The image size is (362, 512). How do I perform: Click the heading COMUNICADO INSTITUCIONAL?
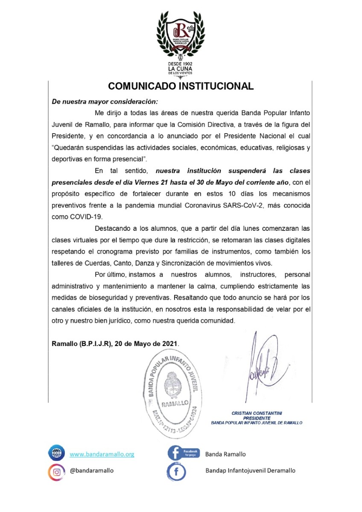click(x=181, y=86)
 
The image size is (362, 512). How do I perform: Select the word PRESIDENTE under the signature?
click(x=257, y=418)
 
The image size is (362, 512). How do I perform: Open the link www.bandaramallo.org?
click(x=102, y=454)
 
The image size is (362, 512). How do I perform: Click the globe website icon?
click(x=56, y=454)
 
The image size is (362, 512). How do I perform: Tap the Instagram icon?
click(x=56, y=471)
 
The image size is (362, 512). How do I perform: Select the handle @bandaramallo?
click(x=92, y=471)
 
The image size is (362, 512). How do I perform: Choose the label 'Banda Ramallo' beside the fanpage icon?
click(x=225, y=454)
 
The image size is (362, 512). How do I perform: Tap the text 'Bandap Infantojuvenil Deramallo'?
click(x=250, y=471)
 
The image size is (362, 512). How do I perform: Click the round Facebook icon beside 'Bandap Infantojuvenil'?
click(x=177, y=471)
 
